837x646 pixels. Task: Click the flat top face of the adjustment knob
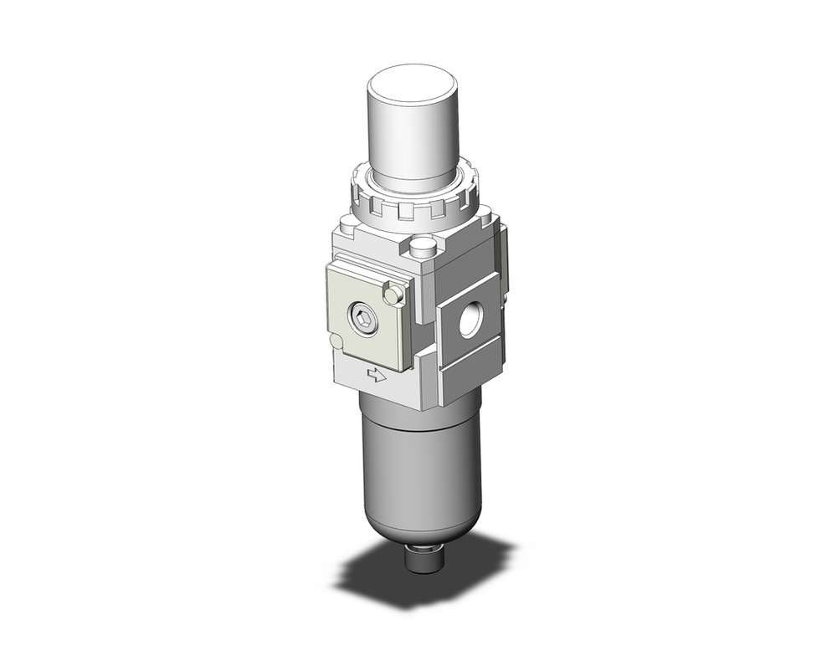412,85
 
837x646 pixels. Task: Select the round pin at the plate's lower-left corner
336,341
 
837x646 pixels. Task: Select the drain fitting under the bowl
421,559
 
